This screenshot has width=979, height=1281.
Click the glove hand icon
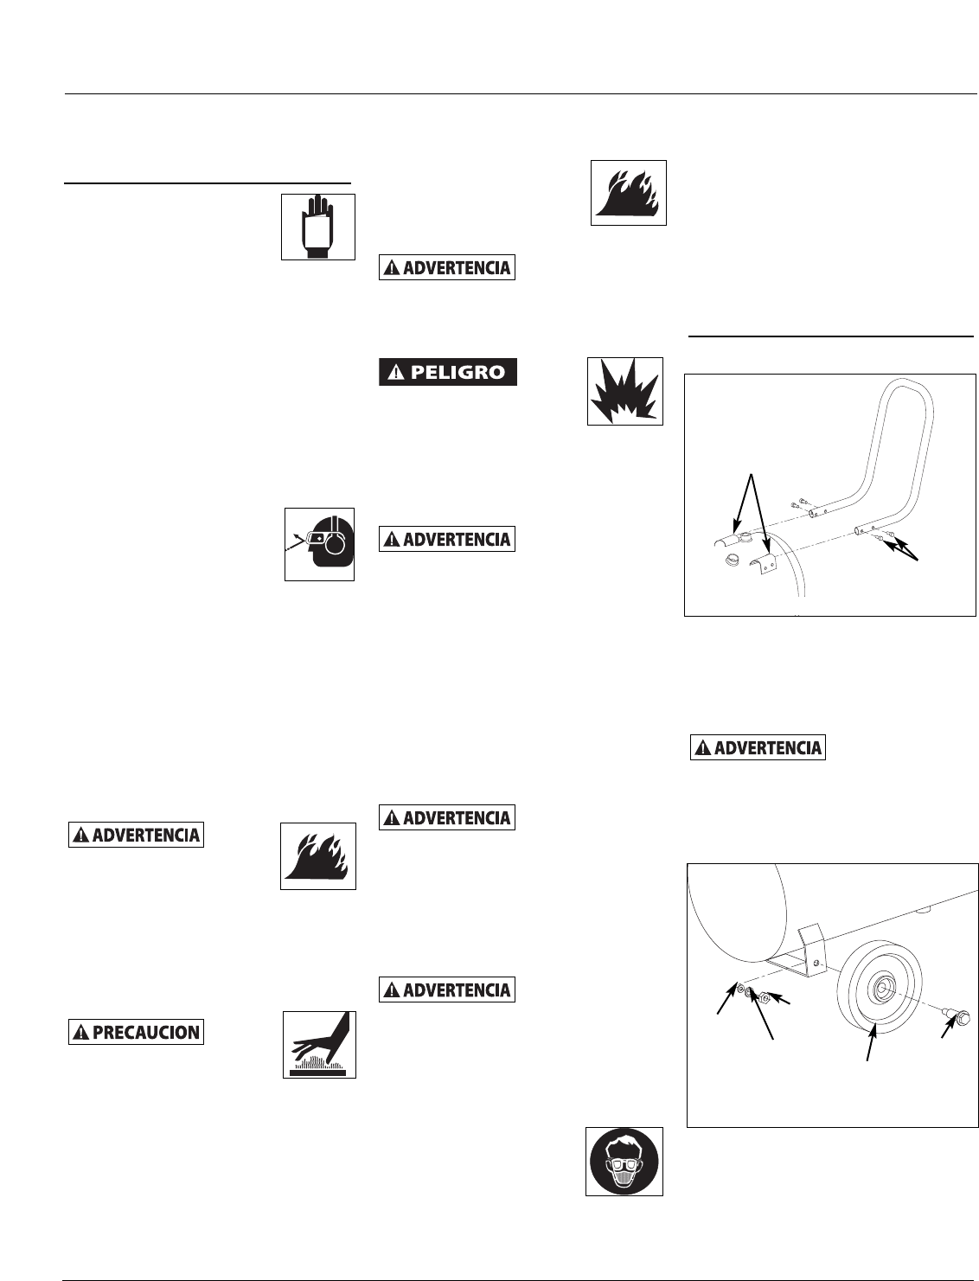point(317,227)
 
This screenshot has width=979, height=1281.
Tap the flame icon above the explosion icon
point(629,192)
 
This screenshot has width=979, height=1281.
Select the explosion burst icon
point(624,391)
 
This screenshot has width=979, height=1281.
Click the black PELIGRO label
point(448,373)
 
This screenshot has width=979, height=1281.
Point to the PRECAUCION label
point(136,1032)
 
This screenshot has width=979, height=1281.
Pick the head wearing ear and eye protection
point(320,544)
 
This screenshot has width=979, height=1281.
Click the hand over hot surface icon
point(319,1043)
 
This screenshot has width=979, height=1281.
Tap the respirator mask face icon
point(624,1162)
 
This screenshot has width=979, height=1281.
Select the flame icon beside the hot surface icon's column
point(318,856)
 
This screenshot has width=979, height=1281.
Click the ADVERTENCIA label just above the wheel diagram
point(758,747)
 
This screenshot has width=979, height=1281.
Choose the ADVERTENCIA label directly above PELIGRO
point(447,267)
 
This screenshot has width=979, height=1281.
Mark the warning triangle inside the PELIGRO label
point(395,374)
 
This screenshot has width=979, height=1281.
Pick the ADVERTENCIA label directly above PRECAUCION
point(136,836)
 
